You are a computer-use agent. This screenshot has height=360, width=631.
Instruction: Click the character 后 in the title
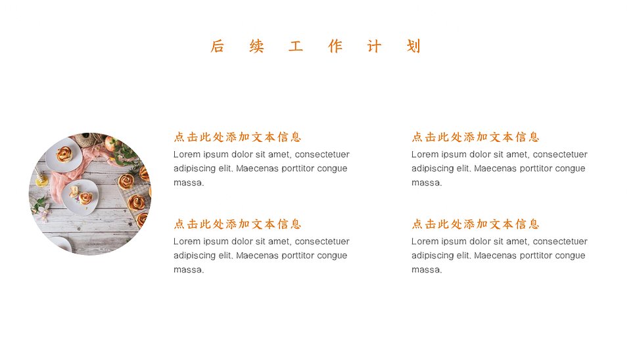click(217, 46)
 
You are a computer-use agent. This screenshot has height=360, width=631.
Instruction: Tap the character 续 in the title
click(256, 46)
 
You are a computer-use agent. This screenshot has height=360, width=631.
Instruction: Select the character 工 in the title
click(296, 46)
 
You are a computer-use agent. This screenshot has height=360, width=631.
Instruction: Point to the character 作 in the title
click(335, 46)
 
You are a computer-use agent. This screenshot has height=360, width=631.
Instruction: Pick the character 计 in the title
click(374, 46)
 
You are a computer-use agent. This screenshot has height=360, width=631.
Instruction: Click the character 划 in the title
click(413, 46)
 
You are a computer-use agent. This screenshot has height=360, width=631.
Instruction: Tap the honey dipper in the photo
click(40, 176)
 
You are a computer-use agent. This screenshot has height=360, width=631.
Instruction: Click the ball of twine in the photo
click(85, 139)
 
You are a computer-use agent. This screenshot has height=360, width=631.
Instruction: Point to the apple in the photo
click(110, 143)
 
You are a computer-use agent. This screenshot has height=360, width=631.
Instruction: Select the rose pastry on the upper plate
click(64, 154)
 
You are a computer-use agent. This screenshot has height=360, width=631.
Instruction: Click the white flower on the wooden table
click(44, 210)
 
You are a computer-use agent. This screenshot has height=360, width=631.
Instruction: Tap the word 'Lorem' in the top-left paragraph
click(187, 154)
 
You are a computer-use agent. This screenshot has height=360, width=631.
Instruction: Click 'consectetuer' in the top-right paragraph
click(560, 154)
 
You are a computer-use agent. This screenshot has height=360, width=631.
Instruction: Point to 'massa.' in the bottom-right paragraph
click(427, 270)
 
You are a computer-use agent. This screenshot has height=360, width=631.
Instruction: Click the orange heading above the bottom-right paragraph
click(475, 224)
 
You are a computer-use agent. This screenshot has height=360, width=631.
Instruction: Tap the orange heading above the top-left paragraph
click(237, 137)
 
